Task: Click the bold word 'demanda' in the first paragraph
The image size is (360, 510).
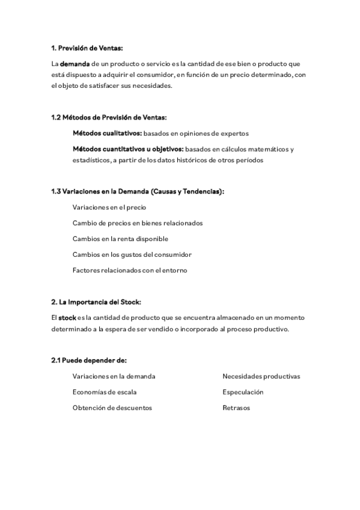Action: click(75, 63)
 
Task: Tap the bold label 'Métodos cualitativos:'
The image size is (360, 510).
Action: click(107, 133)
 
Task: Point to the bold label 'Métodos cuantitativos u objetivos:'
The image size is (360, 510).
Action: click(128, 149)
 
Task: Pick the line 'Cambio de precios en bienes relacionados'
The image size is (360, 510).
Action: click(138, 223)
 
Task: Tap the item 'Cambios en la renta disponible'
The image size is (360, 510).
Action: click(116, 239)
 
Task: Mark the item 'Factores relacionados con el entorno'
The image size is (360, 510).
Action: click(130, 270)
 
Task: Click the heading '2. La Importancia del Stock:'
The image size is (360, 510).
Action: click(96, 301)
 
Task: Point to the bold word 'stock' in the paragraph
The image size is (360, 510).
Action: click(67, 317)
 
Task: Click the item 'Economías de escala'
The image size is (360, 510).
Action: click(104, 392)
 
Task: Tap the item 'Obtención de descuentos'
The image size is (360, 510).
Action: click(112, 408)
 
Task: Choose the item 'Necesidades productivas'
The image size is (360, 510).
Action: click(261, 376)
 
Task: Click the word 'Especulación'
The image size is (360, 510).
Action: click(243, 392)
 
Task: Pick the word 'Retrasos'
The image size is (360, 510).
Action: click(236, 408)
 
